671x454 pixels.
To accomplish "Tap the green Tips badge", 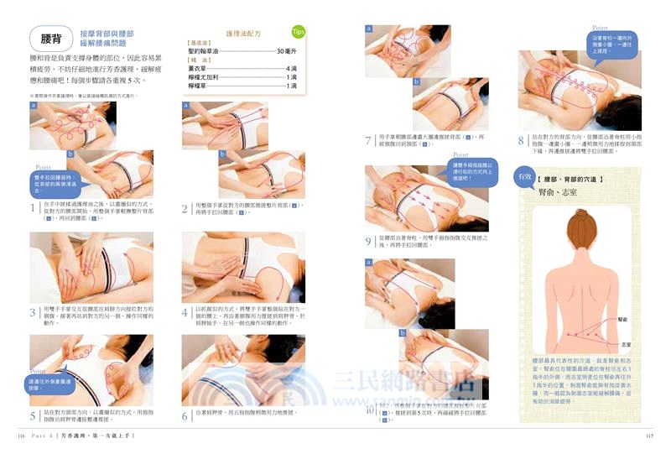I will point(298,33).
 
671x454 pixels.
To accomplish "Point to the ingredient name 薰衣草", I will point(198,68).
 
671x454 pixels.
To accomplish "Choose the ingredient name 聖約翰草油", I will point(205,51).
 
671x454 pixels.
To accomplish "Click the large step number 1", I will point(33,207).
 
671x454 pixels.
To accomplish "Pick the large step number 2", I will point(185,207).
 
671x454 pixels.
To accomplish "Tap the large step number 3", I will point(33,312).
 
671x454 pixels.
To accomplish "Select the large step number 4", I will point(185,312).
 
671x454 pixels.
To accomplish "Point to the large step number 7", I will point(368,140).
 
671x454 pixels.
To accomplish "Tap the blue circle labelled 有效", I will point(526,177).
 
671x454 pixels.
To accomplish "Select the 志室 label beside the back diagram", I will point(627,344).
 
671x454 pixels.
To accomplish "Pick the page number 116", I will point(23,437).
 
